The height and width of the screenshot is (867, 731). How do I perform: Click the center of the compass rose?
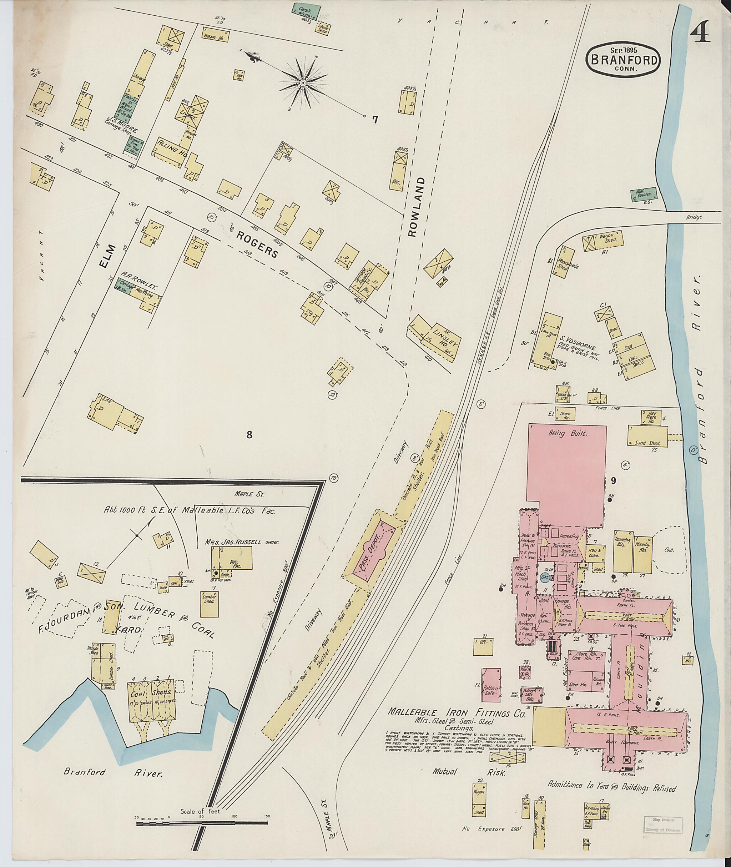coord(303,83)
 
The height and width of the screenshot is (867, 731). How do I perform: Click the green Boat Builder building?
coord(641,194)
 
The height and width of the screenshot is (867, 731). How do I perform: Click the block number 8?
coord(249,434)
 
